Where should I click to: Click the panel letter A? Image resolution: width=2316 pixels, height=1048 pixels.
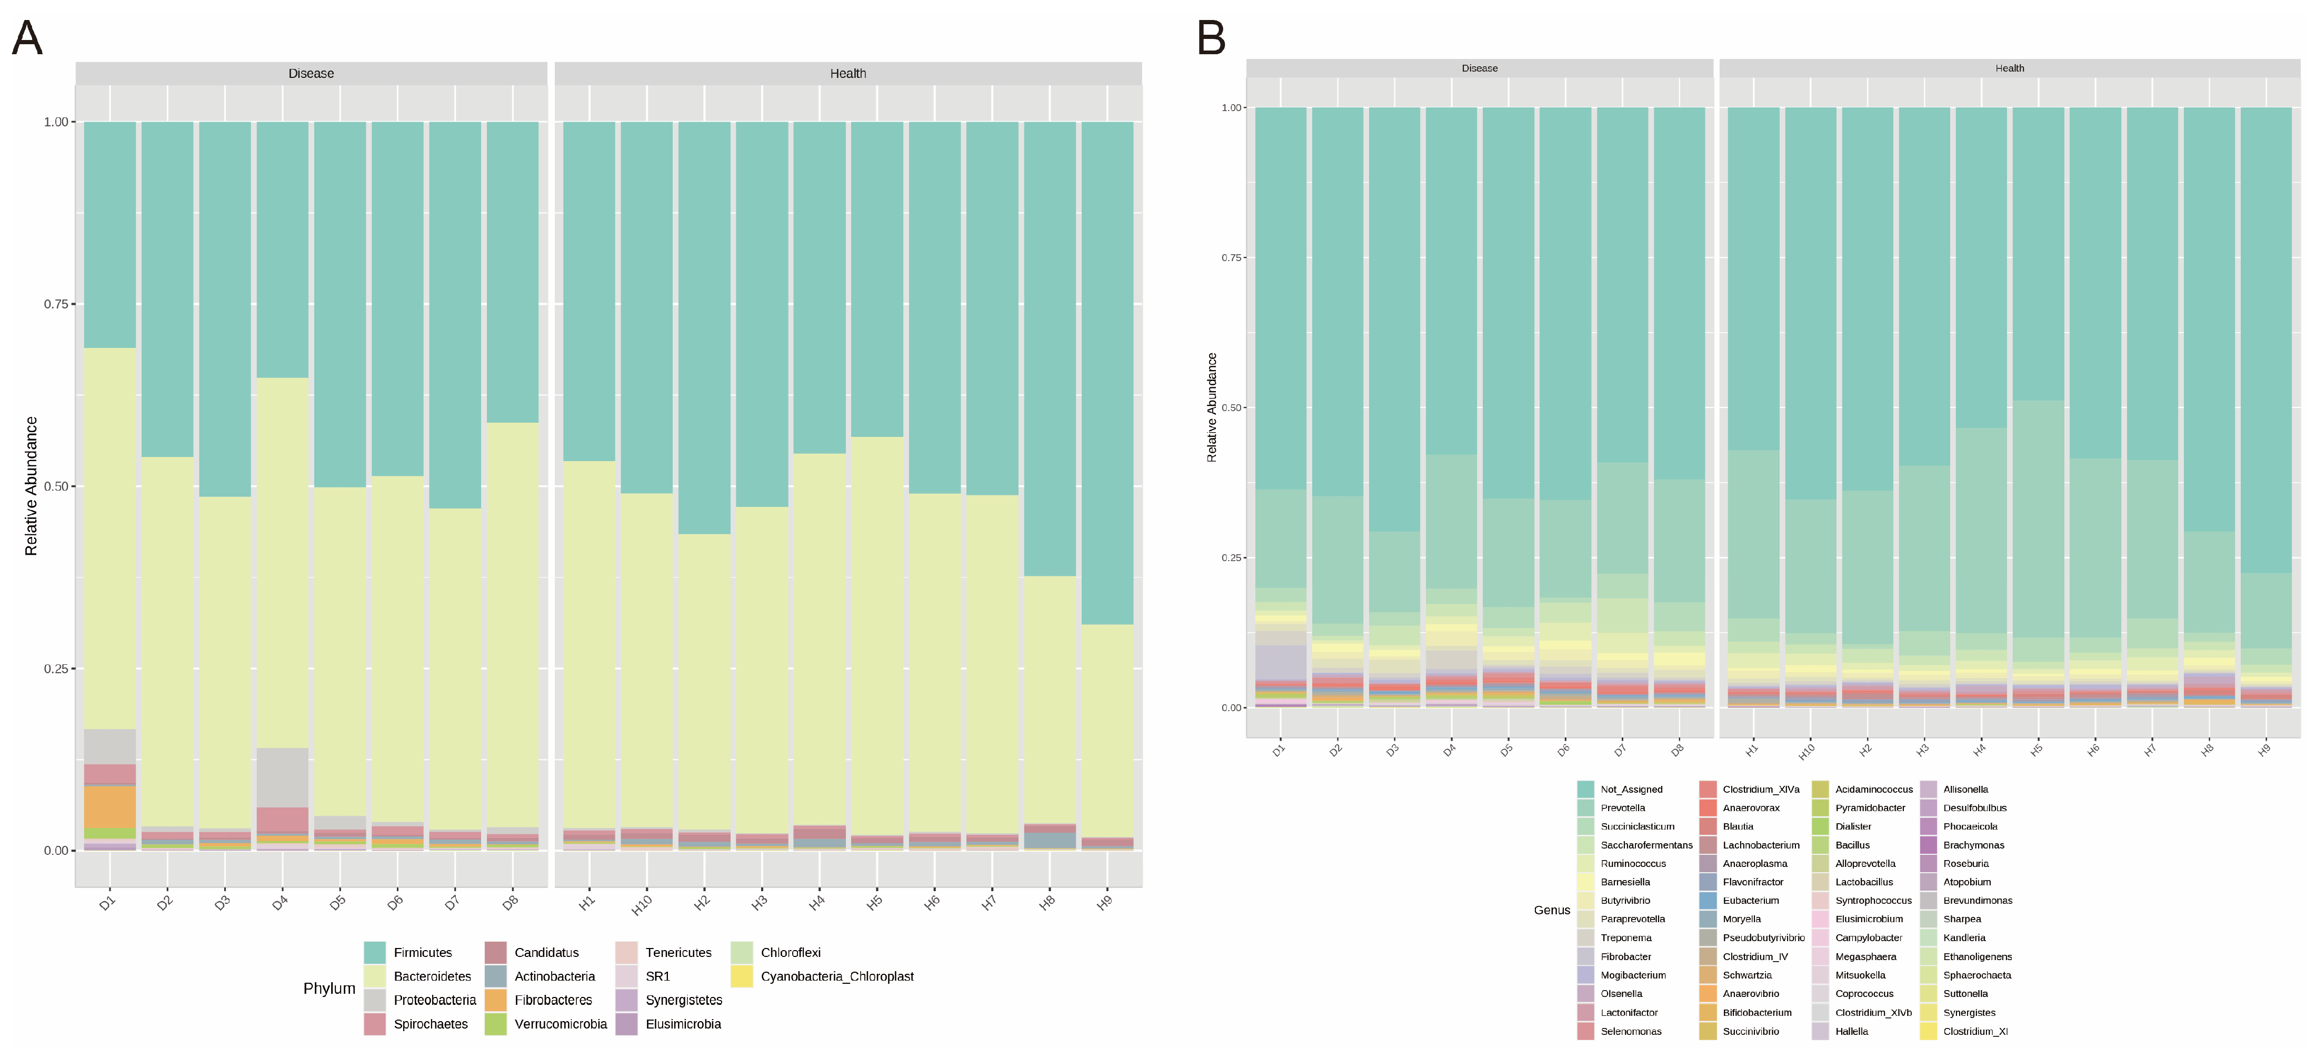coord(27,38)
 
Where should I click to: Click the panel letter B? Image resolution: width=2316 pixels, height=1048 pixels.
coord(1211,38)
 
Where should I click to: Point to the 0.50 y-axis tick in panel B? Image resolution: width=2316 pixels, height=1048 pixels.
coord(1231,408)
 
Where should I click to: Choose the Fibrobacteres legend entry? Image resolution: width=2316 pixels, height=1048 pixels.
coord(552,1000)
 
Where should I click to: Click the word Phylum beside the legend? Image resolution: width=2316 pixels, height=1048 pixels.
coord(329,989)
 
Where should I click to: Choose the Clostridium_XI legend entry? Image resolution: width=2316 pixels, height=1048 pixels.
coord(1974,1032)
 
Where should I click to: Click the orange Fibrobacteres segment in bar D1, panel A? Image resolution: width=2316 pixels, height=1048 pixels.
coord(109,807)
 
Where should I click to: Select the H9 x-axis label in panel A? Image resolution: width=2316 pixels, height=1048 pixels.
coord(1105,902)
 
